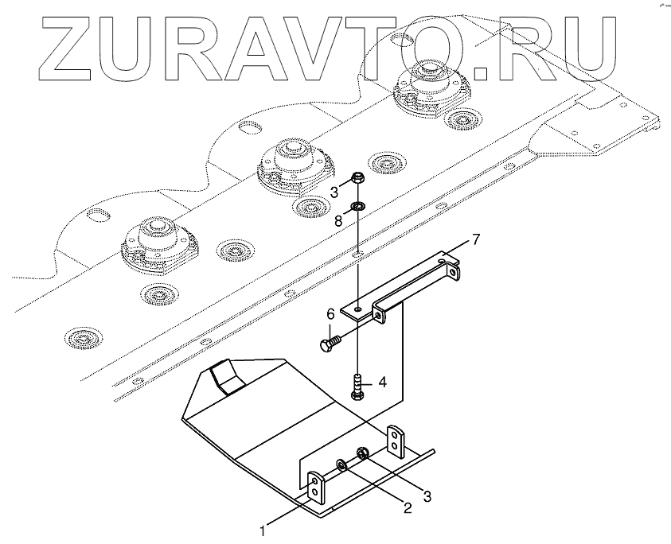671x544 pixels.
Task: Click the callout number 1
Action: [263, 526]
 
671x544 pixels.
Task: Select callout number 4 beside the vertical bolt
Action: [382, 382]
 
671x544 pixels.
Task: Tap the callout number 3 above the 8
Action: [334, 192]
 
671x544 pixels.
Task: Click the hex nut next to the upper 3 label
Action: [357, 178]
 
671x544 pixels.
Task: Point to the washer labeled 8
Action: [358, 207]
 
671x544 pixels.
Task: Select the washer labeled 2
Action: [341, 464]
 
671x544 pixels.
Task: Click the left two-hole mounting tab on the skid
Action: [316, 487]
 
